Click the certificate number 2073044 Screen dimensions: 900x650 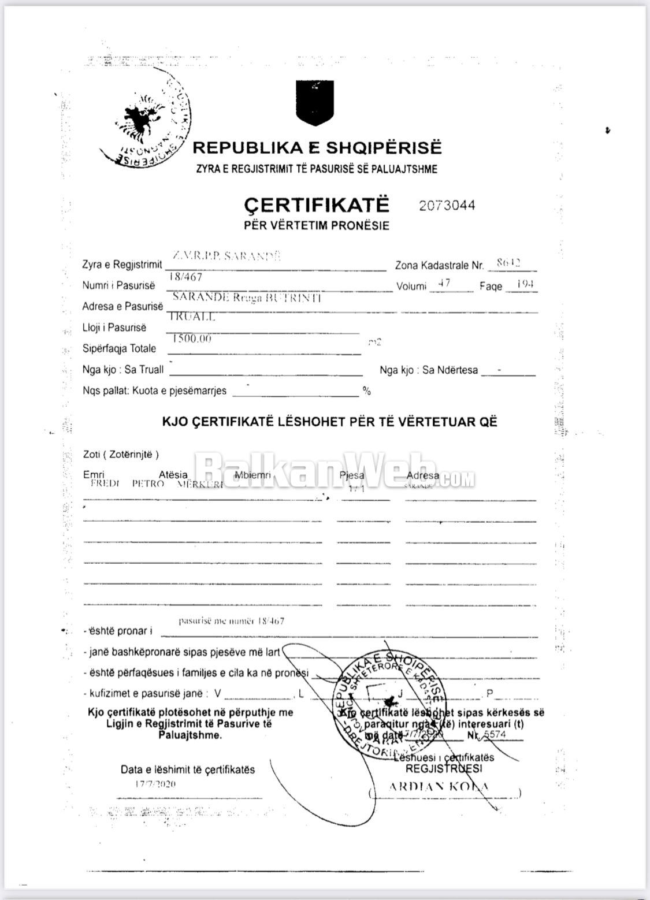point(447,206)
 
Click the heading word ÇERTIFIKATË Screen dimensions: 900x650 point(317,205)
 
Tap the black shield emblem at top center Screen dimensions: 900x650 point(315,102)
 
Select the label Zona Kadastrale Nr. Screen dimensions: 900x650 point(439,266)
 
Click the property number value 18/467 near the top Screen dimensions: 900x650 point(185,277)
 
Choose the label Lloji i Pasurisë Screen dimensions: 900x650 point(114,328)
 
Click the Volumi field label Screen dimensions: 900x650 point(411,287)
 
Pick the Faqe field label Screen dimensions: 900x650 point(491,287)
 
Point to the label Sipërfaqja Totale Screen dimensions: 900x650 point(119,348)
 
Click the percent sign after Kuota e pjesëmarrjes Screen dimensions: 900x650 point(366,391)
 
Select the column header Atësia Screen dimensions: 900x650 point(173,475)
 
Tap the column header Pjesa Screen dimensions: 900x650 point(352,475)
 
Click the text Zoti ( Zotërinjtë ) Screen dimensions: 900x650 point(121,455)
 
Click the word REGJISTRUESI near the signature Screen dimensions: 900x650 point(443,768)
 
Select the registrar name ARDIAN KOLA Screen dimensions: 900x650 point(439,786)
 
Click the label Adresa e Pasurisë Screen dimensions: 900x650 point(122,306)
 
